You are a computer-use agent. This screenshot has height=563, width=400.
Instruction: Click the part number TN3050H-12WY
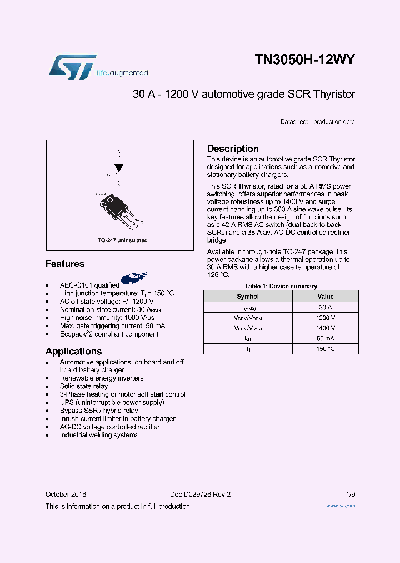(304, 60)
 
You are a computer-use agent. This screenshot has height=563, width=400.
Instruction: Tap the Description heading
(233, 149)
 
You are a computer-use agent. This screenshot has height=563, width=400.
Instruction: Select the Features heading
(65, 264)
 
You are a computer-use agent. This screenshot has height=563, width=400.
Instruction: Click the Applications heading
(73, 351)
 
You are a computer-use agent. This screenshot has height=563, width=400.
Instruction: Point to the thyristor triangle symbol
(118, 167)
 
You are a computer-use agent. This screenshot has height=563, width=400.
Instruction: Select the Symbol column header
(248, 297)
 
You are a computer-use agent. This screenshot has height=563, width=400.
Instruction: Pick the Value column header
(325, 297)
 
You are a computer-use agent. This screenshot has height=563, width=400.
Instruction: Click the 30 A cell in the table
(325, 307)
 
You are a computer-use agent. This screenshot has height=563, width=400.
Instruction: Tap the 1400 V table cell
(325, 328)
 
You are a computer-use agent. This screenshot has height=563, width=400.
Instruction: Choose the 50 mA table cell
(325, 338)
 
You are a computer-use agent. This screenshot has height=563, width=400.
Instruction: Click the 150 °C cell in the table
(325, 349)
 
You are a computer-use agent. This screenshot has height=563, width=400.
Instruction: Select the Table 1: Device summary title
(281, 286)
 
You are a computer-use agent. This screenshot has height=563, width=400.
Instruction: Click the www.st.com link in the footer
(340, 506)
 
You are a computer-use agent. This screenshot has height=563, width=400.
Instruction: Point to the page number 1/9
(350, 494)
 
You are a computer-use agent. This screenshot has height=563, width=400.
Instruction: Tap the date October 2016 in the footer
(66, 494)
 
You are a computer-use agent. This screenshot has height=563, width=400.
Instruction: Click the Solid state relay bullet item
(84, 386)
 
